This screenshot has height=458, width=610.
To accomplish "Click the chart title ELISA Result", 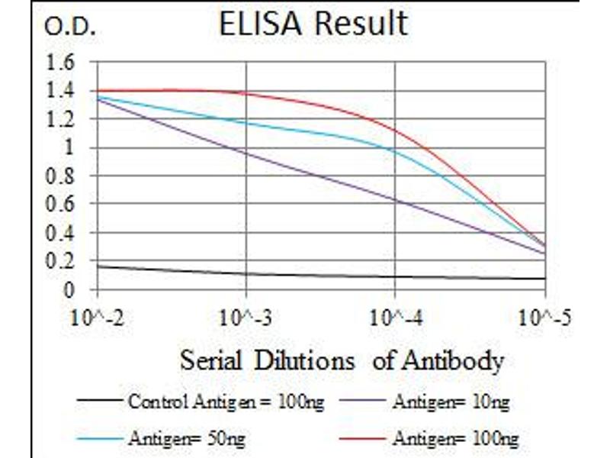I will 313,24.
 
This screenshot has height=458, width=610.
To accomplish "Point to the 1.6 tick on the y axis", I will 61,63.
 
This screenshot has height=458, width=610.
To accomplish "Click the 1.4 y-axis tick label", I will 61,91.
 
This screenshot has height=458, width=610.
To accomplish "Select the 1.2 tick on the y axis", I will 61,119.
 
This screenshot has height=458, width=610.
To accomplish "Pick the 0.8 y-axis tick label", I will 61,176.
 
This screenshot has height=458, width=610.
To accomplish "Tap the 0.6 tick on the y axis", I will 61,205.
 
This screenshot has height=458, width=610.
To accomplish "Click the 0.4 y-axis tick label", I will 61,233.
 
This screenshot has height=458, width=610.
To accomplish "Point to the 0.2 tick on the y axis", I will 61,261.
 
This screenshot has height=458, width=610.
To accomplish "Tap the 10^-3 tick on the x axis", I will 246,317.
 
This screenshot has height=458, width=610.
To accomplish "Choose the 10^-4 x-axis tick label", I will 394,317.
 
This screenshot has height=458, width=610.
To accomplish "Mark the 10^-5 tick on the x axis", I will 544,317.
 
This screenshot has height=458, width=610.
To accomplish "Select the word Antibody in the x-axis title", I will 457,360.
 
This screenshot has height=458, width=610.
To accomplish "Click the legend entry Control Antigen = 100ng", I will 225,401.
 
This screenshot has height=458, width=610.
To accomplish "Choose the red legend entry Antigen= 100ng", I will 455,438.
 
